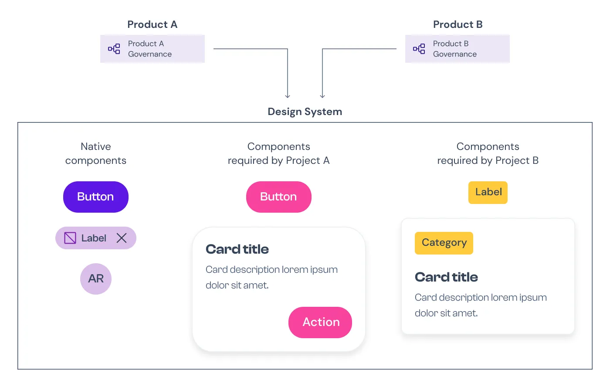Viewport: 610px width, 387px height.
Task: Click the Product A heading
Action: [x=152, y=24]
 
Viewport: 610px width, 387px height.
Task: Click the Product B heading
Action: [x=458, y=24]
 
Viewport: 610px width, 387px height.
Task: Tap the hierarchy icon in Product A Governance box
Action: [x=114, y=49]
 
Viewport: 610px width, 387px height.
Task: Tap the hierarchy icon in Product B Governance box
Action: [x=419, y=49]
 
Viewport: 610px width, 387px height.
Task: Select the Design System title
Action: [x=305, y=112]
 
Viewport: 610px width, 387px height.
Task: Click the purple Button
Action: [x=95, y=197]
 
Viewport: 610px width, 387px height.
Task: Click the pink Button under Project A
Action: [x=278, y=197]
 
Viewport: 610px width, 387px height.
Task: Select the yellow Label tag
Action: [x=488, y=192]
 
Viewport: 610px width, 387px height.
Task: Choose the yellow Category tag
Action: [x=444, y=243]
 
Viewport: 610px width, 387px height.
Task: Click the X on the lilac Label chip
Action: [x=122, y=238]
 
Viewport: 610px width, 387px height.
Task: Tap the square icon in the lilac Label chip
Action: [x=70, y=238]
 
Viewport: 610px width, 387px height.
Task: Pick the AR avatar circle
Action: [x=96, y=278]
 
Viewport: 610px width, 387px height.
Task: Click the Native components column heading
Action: [x=96, y=153]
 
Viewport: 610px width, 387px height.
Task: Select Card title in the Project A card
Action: [x=237, y=249]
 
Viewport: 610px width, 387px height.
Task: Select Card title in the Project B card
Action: [x=446, y=277]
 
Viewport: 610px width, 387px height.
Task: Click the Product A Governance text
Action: [x=150, y=49]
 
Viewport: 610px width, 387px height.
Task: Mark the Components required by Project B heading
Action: [x=488, y=153]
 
